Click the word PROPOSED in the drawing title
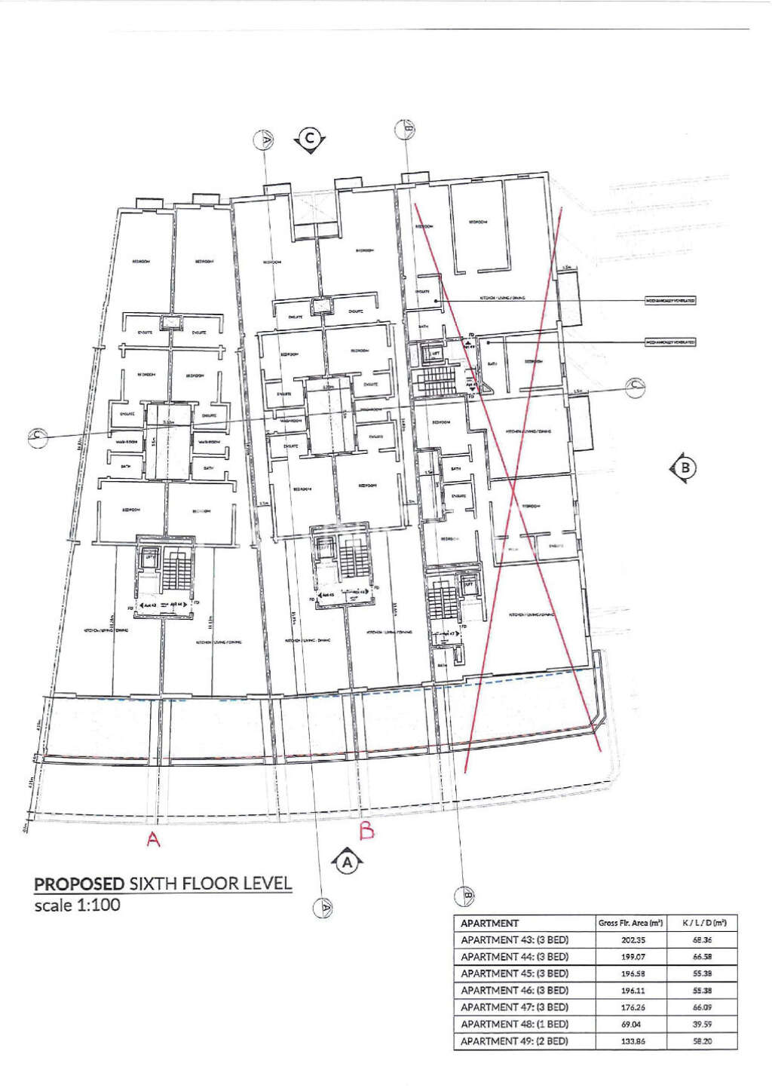79,884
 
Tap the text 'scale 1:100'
77,904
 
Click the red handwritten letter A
153,839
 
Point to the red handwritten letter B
367,831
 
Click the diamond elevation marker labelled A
347,861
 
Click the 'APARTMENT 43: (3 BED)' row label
514,940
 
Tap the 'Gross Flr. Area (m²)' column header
630,923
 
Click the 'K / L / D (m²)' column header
703,923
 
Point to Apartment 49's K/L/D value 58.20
703,1041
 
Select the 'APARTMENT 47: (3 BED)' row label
514,1007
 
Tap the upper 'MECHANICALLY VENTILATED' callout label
669,301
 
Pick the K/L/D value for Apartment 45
703,974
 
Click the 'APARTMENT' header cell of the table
490,923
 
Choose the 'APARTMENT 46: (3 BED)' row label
514,991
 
